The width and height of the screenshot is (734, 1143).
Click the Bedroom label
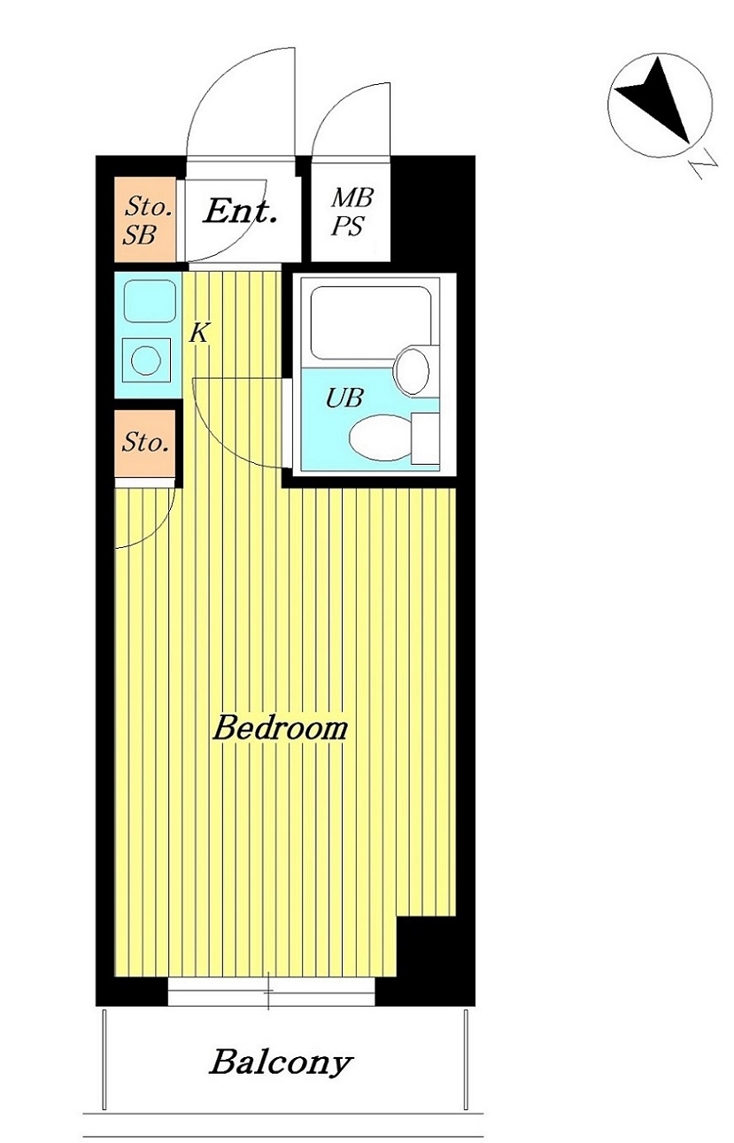point(280,730)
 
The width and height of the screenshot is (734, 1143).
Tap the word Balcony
point(281,1062)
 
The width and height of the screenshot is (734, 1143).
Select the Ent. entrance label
point(241,212)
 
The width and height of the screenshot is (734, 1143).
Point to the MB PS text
point(352,212)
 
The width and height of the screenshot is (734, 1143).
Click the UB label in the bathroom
point(344,398)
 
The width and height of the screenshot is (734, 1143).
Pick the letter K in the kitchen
point(200,334)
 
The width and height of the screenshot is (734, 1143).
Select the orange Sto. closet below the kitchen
point(144,442)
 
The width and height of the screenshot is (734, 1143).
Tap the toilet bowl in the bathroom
point(381,437)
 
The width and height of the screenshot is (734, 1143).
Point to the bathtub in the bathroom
point(370,321)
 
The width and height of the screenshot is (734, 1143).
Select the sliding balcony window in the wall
point(271,992)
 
